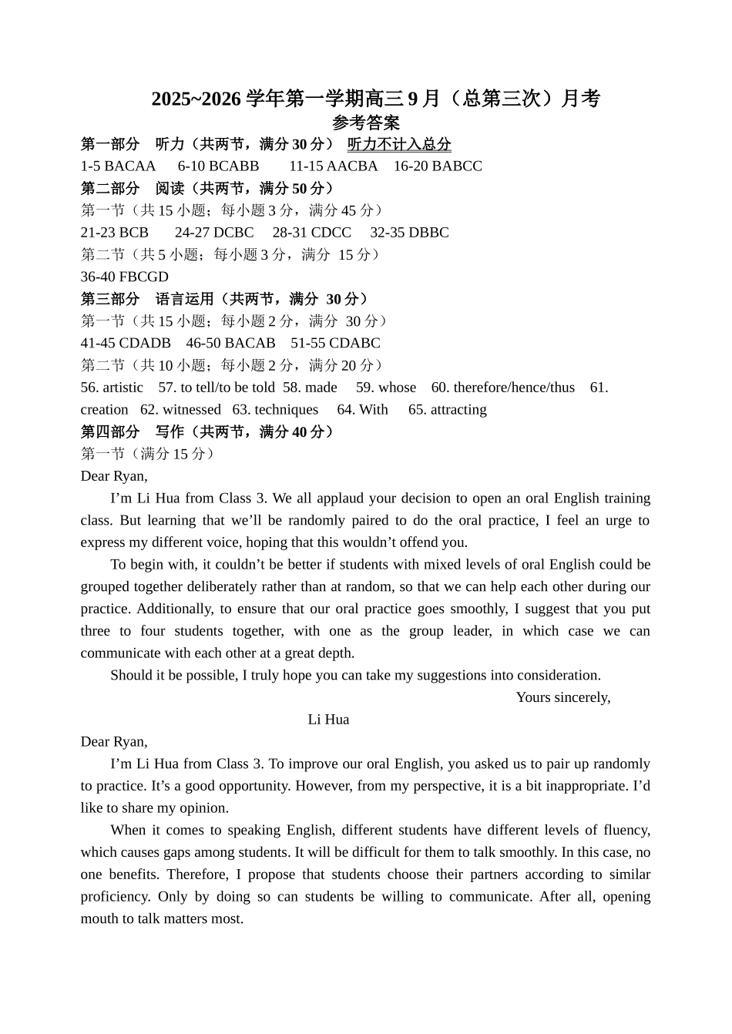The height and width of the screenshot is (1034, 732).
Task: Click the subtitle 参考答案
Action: tap(365, 123)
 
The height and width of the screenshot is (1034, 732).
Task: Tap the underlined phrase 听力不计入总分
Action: tap(399, 144)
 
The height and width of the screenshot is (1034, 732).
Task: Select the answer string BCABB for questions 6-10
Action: tap(234, 166)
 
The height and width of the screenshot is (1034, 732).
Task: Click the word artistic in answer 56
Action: tap(123, 388)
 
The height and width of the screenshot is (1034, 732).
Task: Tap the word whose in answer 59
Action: tap(397, 388)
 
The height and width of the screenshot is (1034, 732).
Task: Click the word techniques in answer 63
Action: tap(286, 410)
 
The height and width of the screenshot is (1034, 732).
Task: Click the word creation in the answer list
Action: tap(104, 410)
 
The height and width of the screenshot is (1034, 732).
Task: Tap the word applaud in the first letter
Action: tap(322, 499)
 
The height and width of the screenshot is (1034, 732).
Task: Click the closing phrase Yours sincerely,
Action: tap(562, 697)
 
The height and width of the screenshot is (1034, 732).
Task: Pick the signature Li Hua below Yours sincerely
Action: tap(328, 720)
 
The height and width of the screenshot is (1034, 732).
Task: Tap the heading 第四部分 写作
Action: tap(207, 432)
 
